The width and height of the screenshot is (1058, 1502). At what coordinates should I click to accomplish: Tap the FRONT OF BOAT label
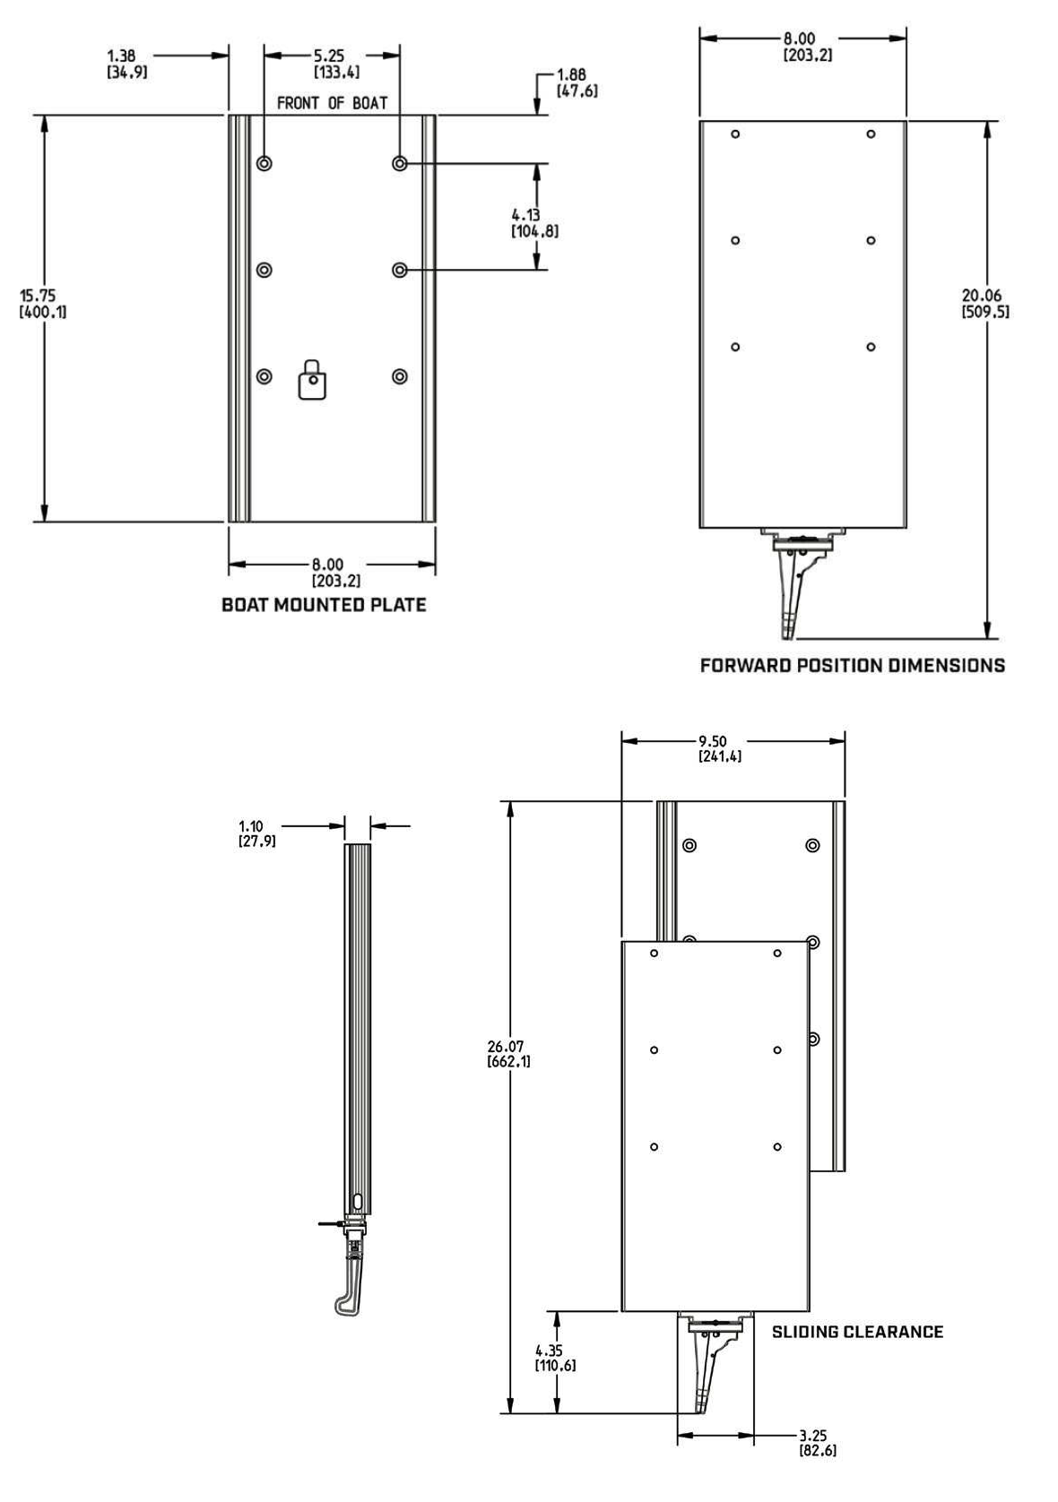point(332,103)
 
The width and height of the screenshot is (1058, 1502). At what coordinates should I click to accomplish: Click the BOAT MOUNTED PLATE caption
point(324,605)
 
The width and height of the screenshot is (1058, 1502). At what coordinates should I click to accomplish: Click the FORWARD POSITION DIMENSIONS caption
point(852,665)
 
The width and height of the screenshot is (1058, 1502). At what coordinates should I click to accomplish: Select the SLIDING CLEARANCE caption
point(857,1332)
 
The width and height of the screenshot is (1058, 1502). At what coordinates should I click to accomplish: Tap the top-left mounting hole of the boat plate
point(264,163)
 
